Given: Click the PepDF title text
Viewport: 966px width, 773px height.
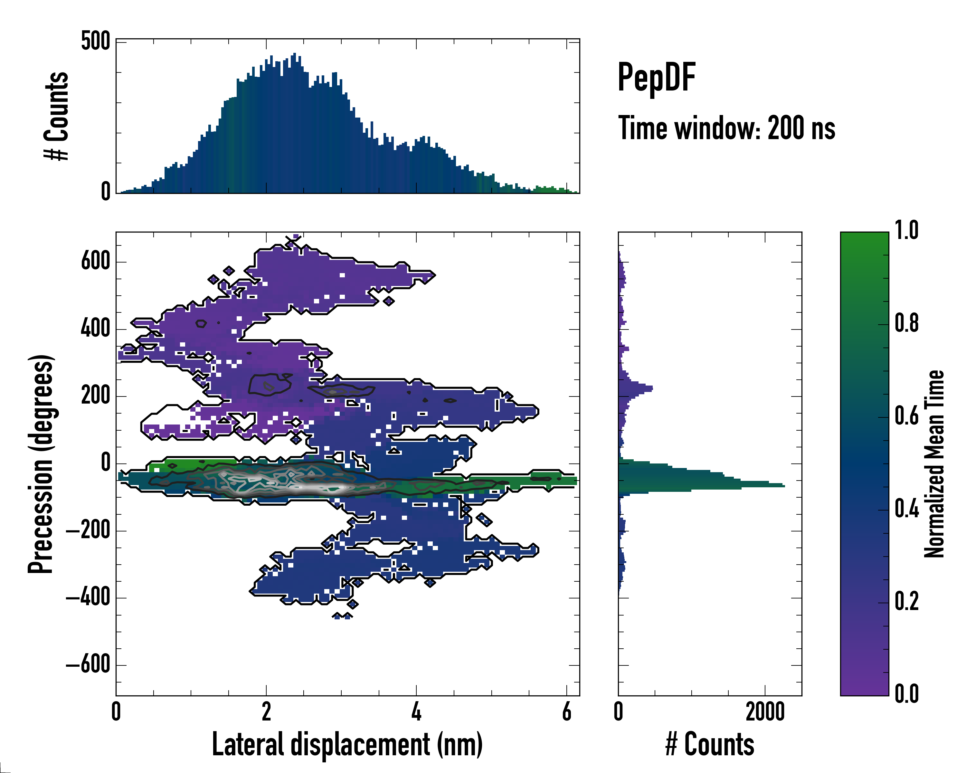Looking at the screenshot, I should pos(656,78).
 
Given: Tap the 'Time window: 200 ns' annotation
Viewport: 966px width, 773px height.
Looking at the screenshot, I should pos(726,128).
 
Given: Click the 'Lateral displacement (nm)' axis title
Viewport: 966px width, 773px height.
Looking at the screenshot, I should pos(347,744).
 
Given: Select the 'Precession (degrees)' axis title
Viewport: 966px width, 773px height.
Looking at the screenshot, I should pos(41,464).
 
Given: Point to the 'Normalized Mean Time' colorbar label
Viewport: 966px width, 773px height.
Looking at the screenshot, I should pos(935,464).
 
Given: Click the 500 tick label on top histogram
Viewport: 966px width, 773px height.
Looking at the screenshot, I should pos(95,41).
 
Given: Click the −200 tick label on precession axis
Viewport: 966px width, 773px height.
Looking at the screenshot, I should pos(88,530).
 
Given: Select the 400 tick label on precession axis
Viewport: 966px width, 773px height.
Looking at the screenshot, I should pos(95,329).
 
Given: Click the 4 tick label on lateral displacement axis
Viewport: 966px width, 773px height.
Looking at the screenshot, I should pos(416,711).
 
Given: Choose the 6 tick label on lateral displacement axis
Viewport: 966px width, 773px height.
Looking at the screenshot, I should pos(566,711).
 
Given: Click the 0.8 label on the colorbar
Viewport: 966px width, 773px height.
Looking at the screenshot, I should pos(906,323).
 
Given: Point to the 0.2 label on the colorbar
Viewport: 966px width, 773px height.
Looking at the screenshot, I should pos(906,601).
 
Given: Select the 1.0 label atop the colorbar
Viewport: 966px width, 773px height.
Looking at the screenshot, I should pos(906,230).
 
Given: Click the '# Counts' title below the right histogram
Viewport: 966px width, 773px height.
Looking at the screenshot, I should pos(710,744).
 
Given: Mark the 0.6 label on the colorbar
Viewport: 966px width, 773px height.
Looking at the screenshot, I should pos(906,416).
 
